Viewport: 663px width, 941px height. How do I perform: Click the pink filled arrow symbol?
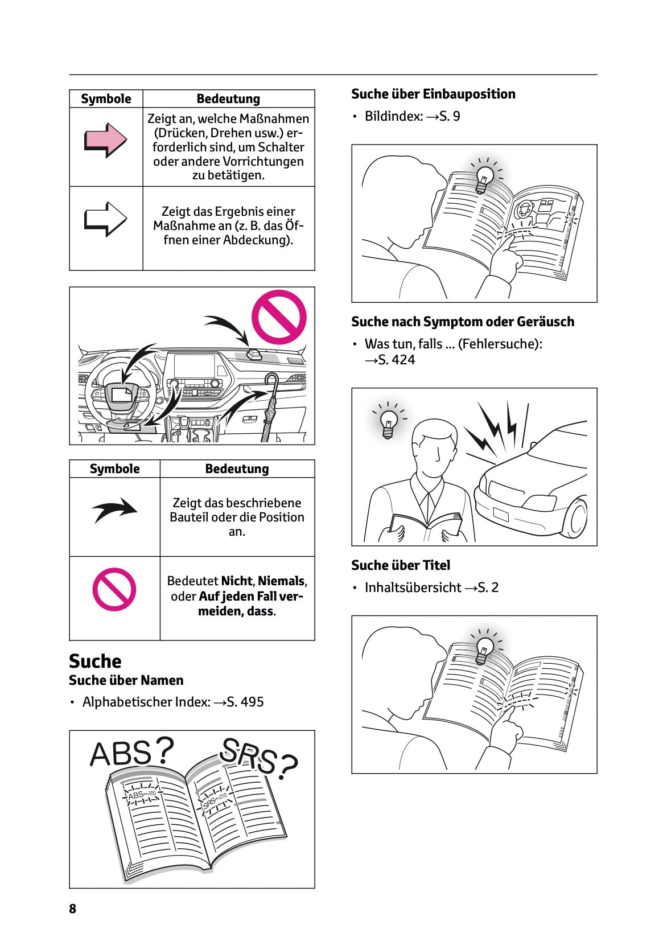tap(105, 139)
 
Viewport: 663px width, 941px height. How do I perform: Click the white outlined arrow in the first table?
tap(105, 219)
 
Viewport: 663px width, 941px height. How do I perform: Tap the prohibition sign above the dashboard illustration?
tap(279, 317)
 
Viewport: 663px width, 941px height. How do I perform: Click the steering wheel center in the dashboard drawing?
tap(121, 395)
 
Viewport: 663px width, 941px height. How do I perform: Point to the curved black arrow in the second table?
tap(114, 509)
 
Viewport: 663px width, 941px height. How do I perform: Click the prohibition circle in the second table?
tap(114, 589)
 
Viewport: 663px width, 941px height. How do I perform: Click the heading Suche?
tap(95, 661)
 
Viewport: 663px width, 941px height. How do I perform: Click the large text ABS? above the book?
tap(131, 753)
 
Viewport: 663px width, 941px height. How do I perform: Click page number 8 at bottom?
tap(72, 909)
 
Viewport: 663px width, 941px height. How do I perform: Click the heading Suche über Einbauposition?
tap(433, 94)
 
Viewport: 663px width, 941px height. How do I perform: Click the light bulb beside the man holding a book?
tap(389, 423)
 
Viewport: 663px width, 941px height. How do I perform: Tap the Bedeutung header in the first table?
tap(228, 98)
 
